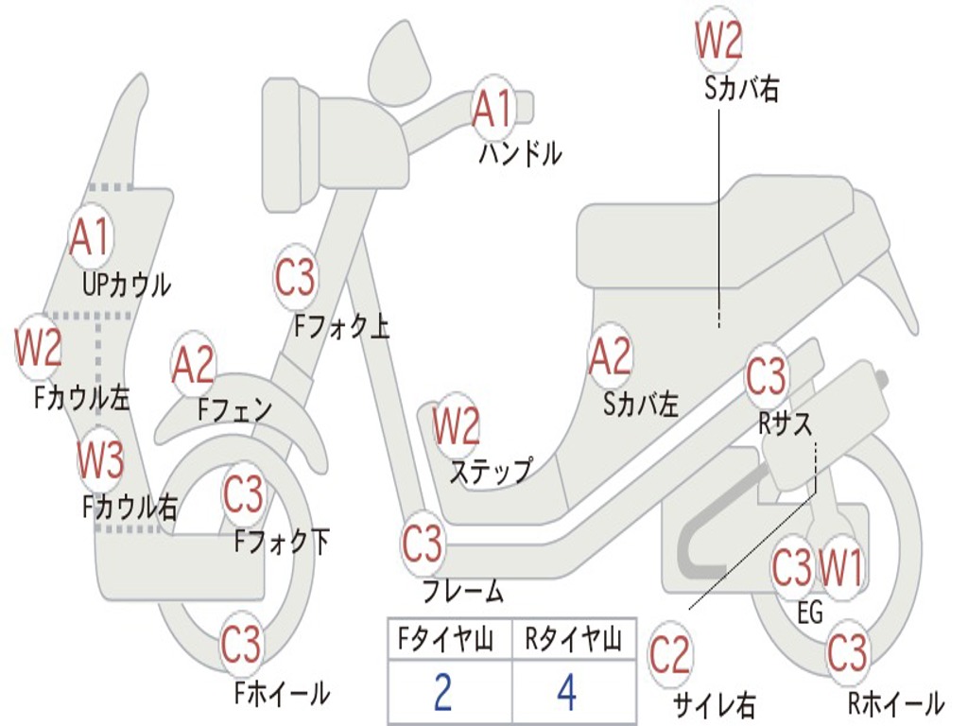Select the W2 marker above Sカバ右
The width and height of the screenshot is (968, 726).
point(718,41)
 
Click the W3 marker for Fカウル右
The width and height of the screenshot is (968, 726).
point(100,460)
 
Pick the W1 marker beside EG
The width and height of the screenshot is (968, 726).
point(840,568)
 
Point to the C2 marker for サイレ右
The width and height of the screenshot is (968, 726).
point(669,655)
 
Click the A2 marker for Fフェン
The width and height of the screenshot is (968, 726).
point(193,365)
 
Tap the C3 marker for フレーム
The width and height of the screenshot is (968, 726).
point(422,544)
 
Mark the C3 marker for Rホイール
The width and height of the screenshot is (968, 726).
point(846,652)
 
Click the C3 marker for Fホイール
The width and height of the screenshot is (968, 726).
point(241,645)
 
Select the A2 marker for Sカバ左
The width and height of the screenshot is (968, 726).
point(609,357)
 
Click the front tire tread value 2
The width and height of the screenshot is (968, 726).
point(442,693)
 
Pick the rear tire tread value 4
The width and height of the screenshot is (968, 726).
point(566,693)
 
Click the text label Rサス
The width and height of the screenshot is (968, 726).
point(785,424)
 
